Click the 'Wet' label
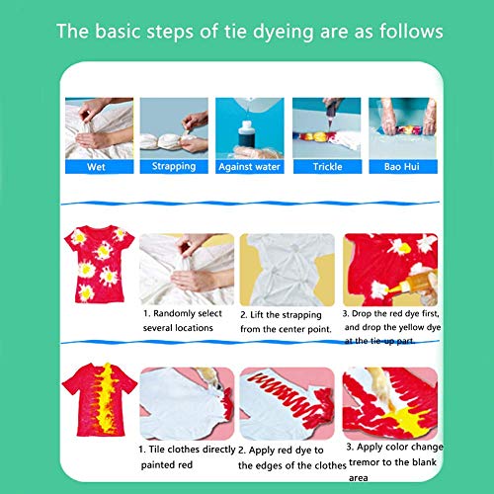tap(96, 167)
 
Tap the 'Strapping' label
tap(174, 167)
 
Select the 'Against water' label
tap(249, 167)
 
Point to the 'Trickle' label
tap(327, 167)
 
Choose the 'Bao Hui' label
tap(402, 167)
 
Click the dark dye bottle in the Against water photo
tap(246, 135)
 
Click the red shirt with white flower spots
tap(100, 264)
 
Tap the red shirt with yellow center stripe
tap(100, 399)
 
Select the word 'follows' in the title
tap(411, 31)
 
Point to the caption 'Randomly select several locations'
tap(183, 320)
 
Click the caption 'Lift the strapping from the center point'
tap(286, 322)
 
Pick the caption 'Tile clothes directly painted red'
tap(187, 457)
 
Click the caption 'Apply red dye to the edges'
tap(292, 457)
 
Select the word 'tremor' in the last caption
tap(364, 462)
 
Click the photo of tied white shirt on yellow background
tap(288, 270)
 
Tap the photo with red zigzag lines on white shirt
tap(288, 404)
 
